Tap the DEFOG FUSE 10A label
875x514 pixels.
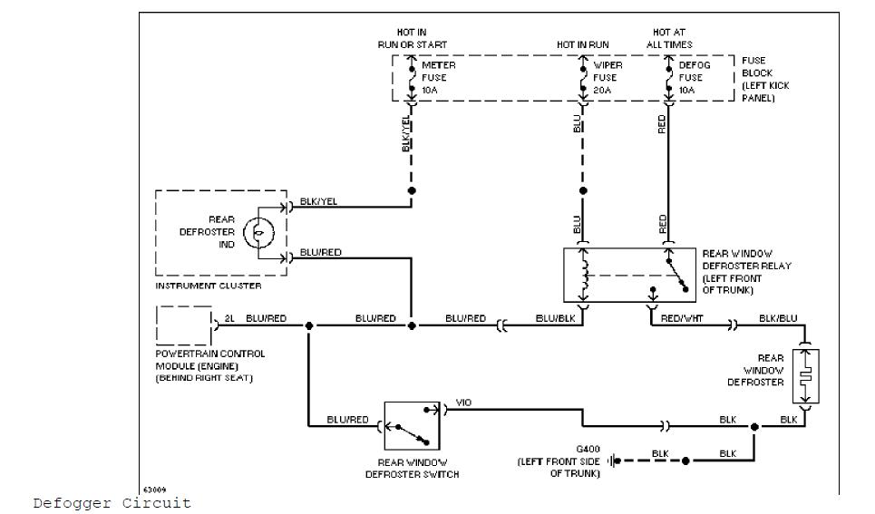pos(694,78)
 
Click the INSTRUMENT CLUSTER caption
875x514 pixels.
pos(208,286)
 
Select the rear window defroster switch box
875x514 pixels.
pos(413,425)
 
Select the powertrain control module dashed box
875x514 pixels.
pos(184,325)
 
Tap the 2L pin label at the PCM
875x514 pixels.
pos(229,318)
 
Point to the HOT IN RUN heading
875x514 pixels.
pos(583,44)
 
